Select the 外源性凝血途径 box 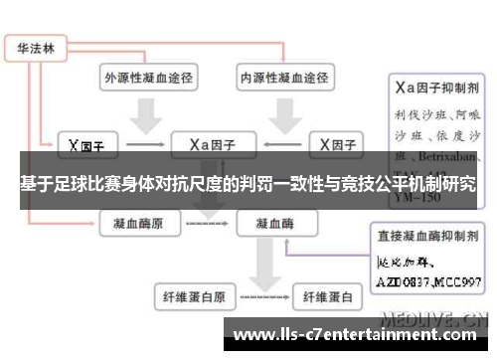[x=148, y=76]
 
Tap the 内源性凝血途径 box [x=283, y=76]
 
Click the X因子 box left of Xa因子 [x=86, y=145]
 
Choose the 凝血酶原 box [x=141, y=224]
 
